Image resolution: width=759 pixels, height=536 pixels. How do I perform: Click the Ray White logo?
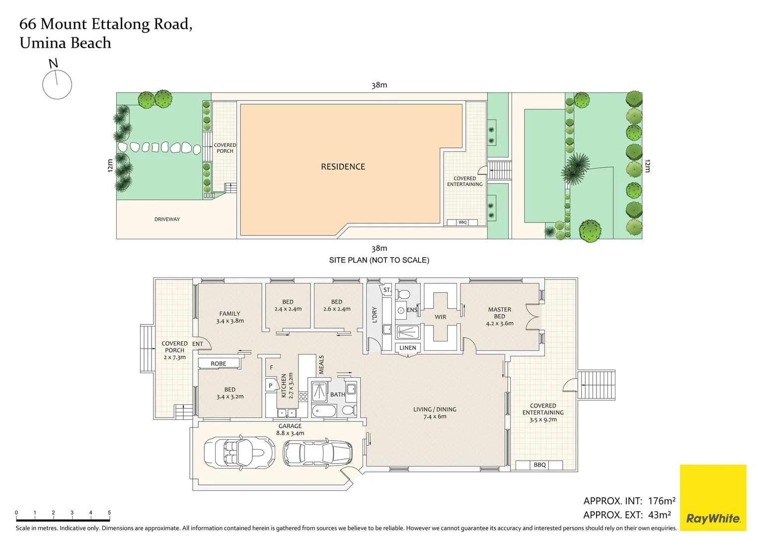click(x=713, y=497)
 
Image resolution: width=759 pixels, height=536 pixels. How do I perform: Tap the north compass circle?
click(x=57, y=84)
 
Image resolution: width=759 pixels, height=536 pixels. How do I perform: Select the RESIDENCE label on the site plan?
click(x=343, y=167)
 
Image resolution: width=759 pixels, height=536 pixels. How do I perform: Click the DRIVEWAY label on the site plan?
click(x=167, y=219)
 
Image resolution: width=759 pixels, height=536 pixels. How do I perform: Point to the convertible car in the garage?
click(x=239, y=453)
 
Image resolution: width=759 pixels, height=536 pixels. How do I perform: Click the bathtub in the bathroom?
click(x=324, y=411)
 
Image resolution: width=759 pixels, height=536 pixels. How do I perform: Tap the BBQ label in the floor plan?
click(x=539, y=465)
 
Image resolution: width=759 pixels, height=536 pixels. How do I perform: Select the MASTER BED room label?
click(x=499, y=313)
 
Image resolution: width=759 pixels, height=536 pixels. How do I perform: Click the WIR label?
click(x=440, y=317)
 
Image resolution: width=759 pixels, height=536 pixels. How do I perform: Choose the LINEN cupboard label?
click(x=408, y=348)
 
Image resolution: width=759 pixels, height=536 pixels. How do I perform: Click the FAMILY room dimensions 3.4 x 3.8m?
click(x=230, y=321)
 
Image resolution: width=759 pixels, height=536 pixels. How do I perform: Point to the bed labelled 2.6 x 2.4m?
click(x=337, y=305)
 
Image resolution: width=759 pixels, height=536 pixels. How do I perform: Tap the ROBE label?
click(x=218, y=364)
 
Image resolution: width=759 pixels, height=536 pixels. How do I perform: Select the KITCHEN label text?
click(x=284, y=386)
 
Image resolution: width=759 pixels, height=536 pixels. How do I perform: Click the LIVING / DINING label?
click(x=435, y=409)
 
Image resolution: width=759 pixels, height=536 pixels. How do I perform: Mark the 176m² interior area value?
click(x=662, y=501)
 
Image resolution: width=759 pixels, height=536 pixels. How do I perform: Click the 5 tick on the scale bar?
click(x=109, y=513)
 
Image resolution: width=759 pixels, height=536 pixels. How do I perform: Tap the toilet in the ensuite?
click(x=404, y=294)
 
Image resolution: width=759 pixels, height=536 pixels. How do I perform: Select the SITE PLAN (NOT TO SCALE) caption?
click(x=379, y=260)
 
